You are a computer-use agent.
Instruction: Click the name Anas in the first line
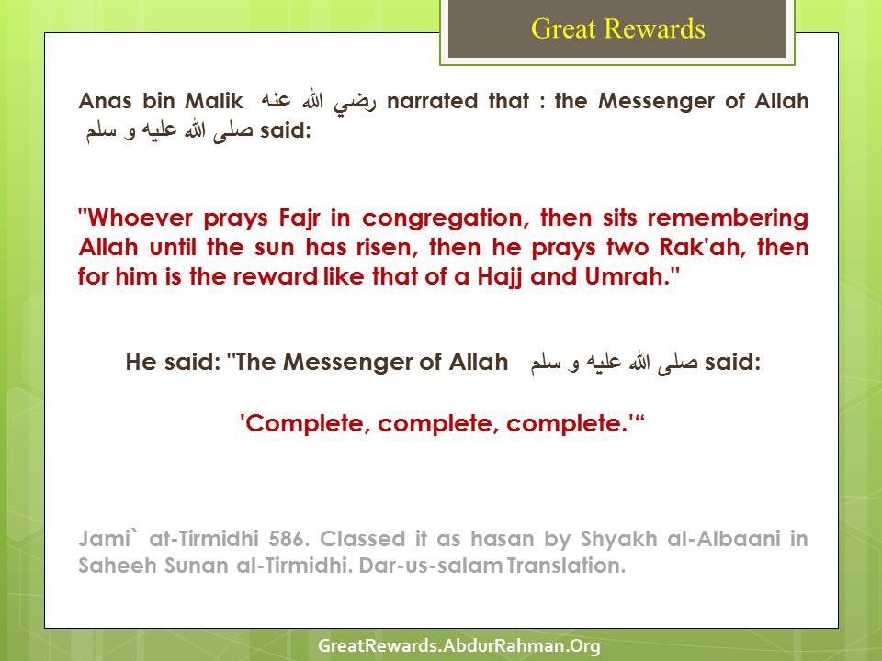tap(105, 101)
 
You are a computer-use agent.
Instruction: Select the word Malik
tap(214, 101)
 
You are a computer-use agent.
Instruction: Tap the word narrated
tap(432, 101)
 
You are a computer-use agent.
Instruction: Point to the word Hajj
tap(500, 277)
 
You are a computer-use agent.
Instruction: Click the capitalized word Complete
tap(308, 424)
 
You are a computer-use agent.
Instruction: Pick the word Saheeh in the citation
tap(117, 566)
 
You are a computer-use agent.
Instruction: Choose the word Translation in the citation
tap(566, 566)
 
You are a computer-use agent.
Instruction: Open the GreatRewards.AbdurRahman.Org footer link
tap(459, 645)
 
